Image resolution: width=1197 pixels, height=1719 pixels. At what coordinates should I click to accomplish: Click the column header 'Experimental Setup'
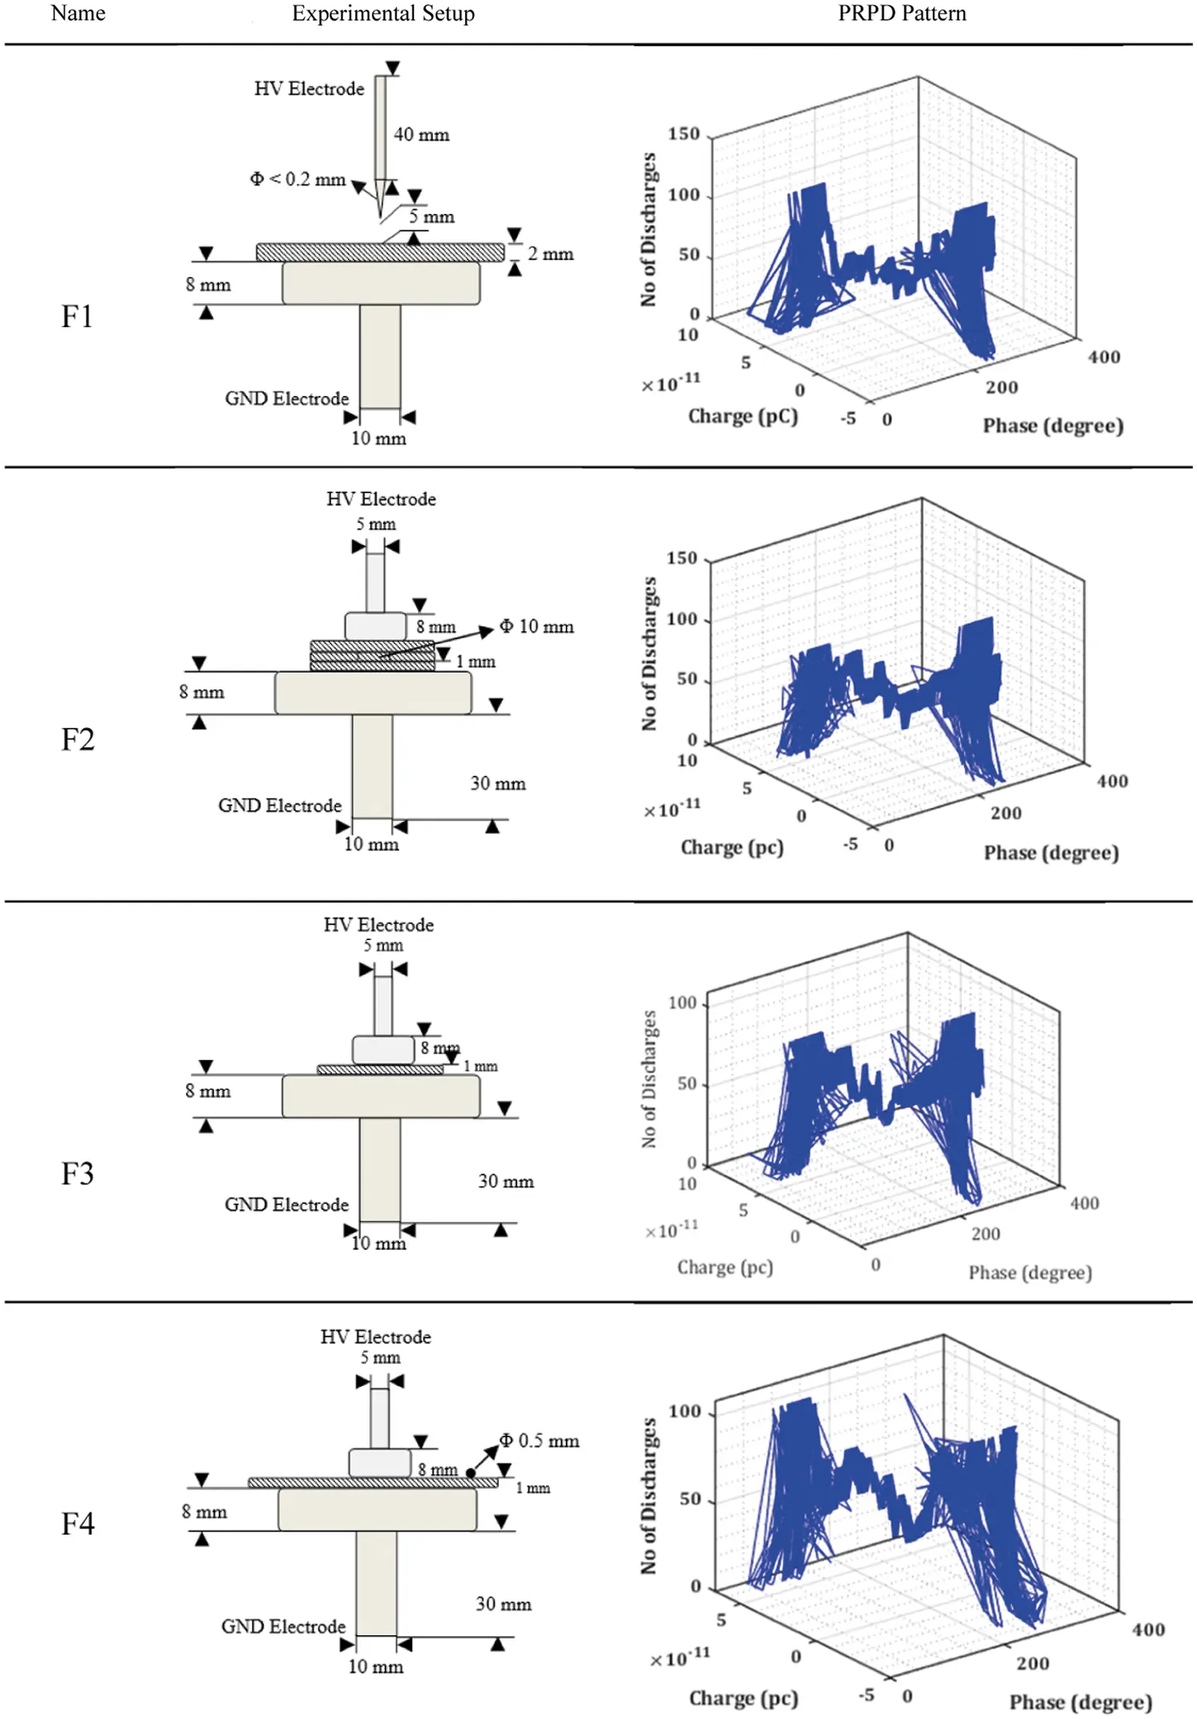(383, 14)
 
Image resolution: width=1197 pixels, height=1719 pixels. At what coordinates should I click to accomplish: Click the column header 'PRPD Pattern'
(901, 14)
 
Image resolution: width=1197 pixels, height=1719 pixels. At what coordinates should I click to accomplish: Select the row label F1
(77, 317)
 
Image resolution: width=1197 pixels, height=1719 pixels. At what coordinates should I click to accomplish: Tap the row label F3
(77, 1174)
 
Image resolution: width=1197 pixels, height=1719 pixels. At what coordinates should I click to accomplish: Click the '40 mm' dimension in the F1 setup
(421, 135)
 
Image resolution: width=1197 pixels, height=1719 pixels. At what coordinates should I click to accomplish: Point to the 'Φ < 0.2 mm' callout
(298, 180)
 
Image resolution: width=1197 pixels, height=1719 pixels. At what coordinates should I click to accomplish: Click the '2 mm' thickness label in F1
(551, 254)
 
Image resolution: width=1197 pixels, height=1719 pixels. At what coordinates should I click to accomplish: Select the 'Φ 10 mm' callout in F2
(537, 626)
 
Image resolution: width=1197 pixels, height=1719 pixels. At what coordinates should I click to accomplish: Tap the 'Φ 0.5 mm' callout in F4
(539, 1440)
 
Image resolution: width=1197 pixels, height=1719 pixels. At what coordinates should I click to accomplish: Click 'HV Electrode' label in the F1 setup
(309, 89)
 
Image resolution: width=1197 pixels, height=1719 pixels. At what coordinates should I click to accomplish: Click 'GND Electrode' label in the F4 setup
(283, 1626)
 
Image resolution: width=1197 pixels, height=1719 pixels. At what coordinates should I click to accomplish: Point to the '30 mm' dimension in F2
(498, 784)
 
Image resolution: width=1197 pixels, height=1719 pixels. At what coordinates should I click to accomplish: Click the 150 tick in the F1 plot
(684, 134)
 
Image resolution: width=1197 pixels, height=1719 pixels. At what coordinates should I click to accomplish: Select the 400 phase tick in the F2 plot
(1112, 781)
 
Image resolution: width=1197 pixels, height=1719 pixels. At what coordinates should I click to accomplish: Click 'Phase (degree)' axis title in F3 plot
(1029, 1272)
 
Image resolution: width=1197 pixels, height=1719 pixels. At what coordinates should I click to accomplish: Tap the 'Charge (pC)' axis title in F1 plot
(742, 417)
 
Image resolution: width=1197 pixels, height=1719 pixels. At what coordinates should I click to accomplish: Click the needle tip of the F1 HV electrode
(381, 218)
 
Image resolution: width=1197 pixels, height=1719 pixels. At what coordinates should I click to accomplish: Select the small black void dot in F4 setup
(471, 1473)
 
